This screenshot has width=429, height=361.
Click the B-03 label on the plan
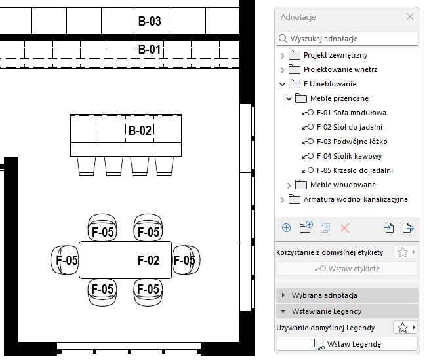pyautogui.click(x=150, y=22)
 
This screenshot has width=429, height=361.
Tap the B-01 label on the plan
pyautogui.click(x=149, y=49)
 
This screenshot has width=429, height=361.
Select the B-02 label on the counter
pyautogui.click(x=140, y=130)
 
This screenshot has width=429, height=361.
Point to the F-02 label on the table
pyautogui.click(x=148, y=260)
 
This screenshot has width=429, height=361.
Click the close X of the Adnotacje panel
pyautogui.click(x=410, y=16)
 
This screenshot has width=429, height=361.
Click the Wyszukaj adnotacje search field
pyautogui.click(x=348, y=39)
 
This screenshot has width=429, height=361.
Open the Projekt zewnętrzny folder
pyautogui.click(x=336, y=54)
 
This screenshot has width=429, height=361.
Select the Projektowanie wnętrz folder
pyautogui.click(x=340, y=69)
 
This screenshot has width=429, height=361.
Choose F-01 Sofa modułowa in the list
pyautogui.click(x=351, y=113)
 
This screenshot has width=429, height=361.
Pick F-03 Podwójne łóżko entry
pyautogui.click(x=352, y=142)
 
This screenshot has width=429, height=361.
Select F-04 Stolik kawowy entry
pyautogui.click(x=349, y=156)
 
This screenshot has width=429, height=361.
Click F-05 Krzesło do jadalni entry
pyautogui.click(x=354, y=170)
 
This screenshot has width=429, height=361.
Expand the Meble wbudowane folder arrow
pyautogui.click(x=289, y=185)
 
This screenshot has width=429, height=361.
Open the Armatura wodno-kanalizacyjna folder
pyautogui.click(x=355, y=199)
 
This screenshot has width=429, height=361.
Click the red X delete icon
pyautogui.click(x=345, y=228)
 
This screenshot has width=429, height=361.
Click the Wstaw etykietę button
pyautogui.click(x=347, y=268)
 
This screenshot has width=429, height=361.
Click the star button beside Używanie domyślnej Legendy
pyautogui.click(x=403, y=328)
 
